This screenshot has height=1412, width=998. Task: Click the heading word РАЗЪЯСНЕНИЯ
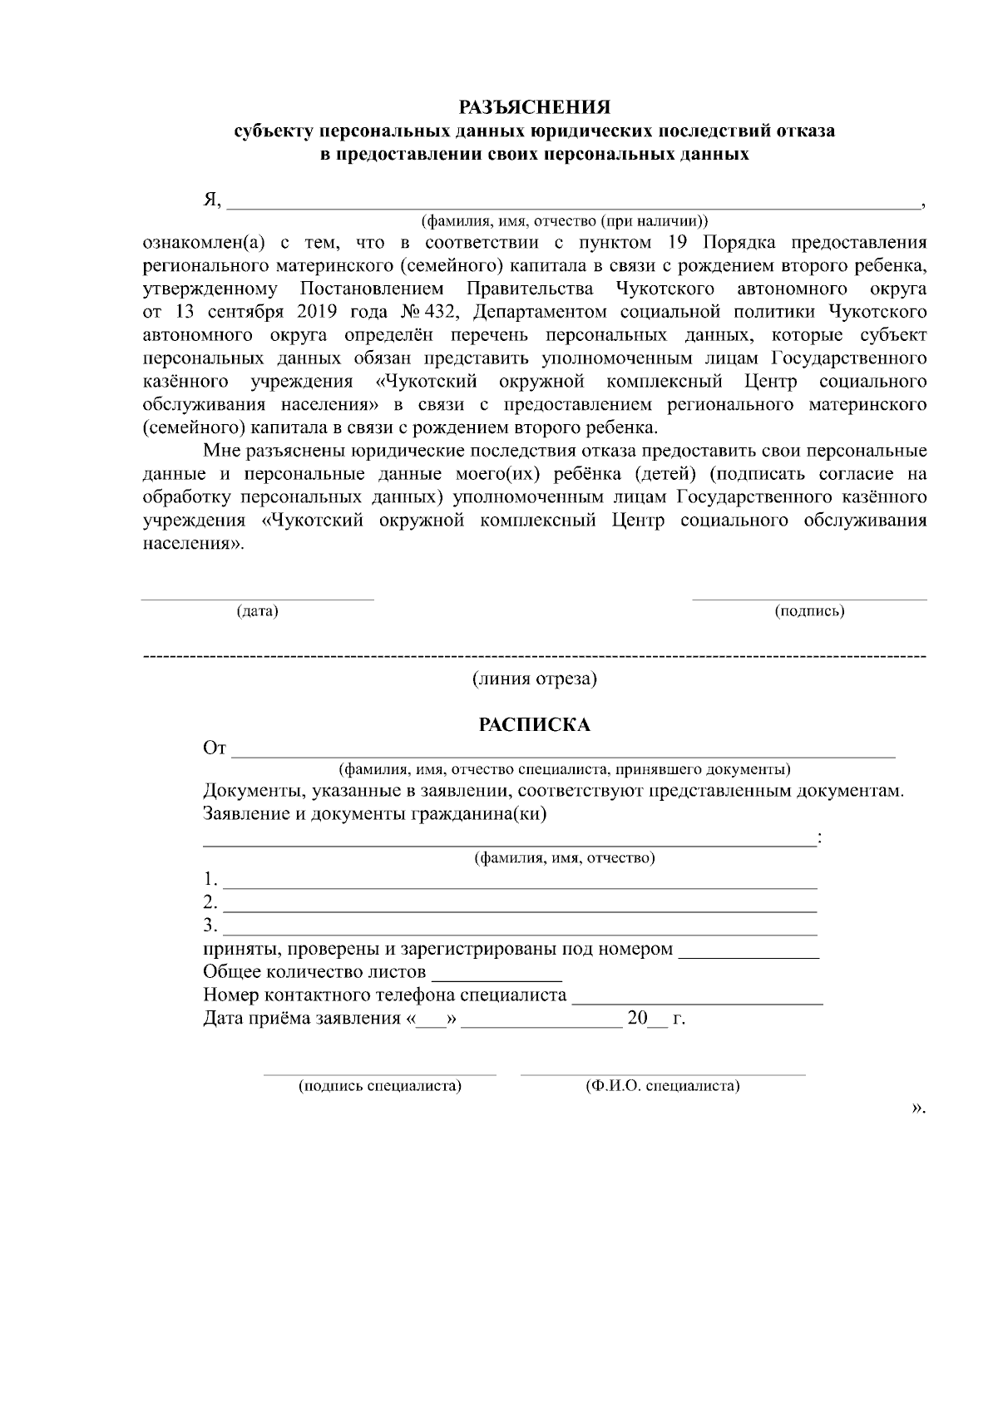point(536,108)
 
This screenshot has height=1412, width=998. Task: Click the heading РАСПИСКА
point(535,725)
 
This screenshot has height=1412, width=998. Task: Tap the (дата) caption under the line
point(257,612)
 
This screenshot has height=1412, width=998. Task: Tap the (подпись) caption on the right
point(809,612)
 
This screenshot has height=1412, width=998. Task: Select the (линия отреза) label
point(535,679)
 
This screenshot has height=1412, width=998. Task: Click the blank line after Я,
point(573,202)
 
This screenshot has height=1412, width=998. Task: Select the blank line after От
point(564,753)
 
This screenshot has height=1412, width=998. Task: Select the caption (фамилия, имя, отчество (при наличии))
point(565,222)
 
